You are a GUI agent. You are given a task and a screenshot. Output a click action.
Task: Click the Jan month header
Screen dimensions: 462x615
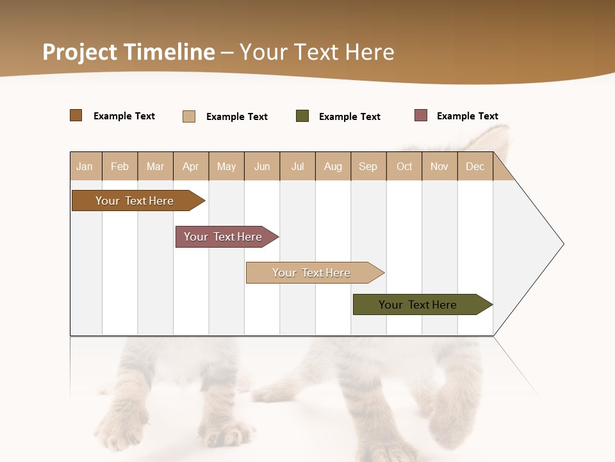[85, 166]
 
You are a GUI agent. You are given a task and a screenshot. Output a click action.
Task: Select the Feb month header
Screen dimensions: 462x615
[120, 166]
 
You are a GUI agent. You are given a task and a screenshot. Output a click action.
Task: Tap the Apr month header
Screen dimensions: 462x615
[190, 166]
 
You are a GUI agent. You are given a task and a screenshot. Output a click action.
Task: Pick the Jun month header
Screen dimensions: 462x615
[262, 166]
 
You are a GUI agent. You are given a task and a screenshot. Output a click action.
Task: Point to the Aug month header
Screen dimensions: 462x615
[332, 166]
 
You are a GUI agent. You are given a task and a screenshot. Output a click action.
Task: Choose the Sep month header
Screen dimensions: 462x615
[368, 166]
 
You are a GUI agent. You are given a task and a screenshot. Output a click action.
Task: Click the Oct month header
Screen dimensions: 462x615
[404, 166]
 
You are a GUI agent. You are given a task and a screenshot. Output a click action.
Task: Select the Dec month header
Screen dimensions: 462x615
[475, 166]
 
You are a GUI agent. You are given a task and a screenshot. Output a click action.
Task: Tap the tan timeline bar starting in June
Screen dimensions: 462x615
[312, 273]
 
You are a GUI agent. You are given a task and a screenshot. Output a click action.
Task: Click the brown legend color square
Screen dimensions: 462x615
[76, 116]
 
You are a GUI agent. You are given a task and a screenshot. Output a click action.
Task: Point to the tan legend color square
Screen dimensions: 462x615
[189, 116]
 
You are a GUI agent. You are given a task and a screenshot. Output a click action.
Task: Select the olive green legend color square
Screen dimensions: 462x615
[302, 116]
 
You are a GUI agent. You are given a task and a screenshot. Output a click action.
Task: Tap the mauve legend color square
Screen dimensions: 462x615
[421, 116]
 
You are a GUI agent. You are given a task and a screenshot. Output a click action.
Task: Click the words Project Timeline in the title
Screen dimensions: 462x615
[128, 52]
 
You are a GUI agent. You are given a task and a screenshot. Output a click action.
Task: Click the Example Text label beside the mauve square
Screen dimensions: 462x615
[467, 116]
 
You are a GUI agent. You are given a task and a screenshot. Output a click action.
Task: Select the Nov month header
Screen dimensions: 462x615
[439, 166]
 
